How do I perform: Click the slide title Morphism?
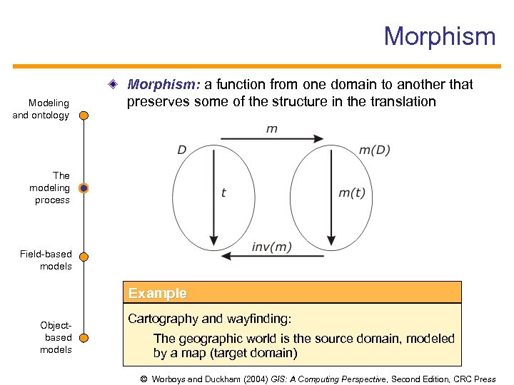click(x=439, y=36)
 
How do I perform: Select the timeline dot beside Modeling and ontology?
click(x=84, y=115)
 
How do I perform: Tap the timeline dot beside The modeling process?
click(x=84, y=188)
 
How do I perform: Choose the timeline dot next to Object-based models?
click(x=84, y=337)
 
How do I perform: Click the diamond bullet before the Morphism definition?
click(x=114, y=85)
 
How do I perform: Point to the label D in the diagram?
click(x=182, y=150)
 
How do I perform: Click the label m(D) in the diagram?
click(x=374, y=150)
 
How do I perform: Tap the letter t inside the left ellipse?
click(x=223, y=192)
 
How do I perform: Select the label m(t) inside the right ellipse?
click(x=351, y=192)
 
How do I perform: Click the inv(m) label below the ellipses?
click(x=271, y=247)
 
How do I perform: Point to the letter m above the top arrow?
click(x=271, y=129)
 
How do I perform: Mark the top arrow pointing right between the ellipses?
click(x=271, y=138)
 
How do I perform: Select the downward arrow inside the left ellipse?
click(x=212, y=200)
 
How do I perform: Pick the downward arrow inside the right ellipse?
click(x=330, y=200)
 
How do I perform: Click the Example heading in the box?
click(x=157, y=293)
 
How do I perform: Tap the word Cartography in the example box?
click(x=161, y=319)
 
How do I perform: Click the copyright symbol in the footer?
click(x=144, y=379)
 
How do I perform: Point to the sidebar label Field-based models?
click(x=46, y=260)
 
